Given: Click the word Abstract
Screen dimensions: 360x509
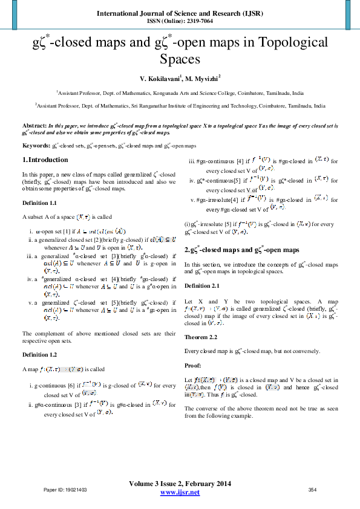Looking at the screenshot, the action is pos(34,123).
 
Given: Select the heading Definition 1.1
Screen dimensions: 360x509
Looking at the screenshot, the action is pos(39,203).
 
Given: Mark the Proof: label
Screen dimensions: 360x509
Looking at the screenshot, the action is pos(192,366).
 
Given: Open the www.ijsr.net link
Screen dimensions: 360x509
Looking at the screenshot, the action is pos(180,493).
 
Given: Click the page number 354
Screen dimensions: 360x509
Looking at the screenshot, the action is pos(313,490).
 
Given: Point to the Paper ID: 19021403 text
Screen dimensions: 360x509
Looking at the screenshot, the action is pos(65,490).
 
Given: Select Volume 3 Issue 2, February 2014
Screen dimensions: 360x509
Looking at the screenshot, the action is pos(180,484).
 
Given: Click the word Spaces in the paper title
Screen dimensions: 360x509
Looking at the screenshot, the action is pos(180,59).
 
